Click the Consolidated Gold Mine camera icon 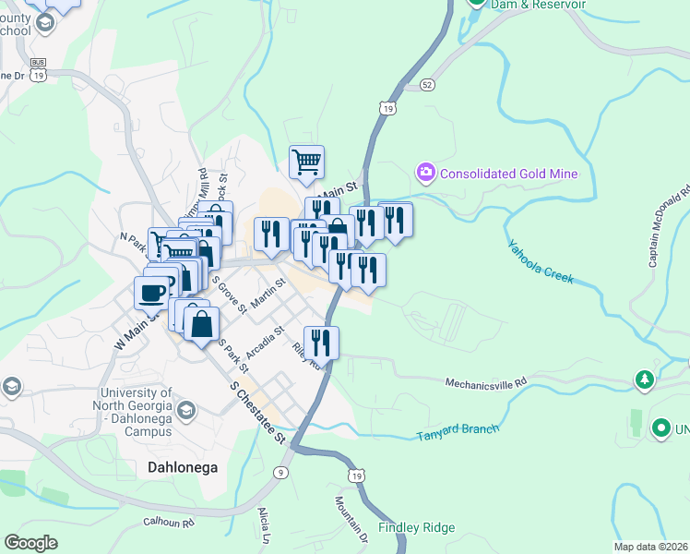[x=425, y=173]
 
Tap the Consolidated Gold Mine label [x=508, y=174]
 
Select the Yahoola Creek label [x=541, y=262]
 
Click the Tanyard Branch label [x=457, y=431]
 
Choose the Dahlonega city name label [x=183, y=467]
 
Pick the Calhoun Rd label [x=169, y=523]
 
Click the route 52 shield [x=426, y=84]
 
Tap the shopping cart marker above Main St [x=306, y=162]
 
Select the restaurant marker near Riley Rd [x=321, y=342]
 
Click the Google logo [x=30, y=543]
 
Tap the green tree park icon [x=645, y=379]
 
